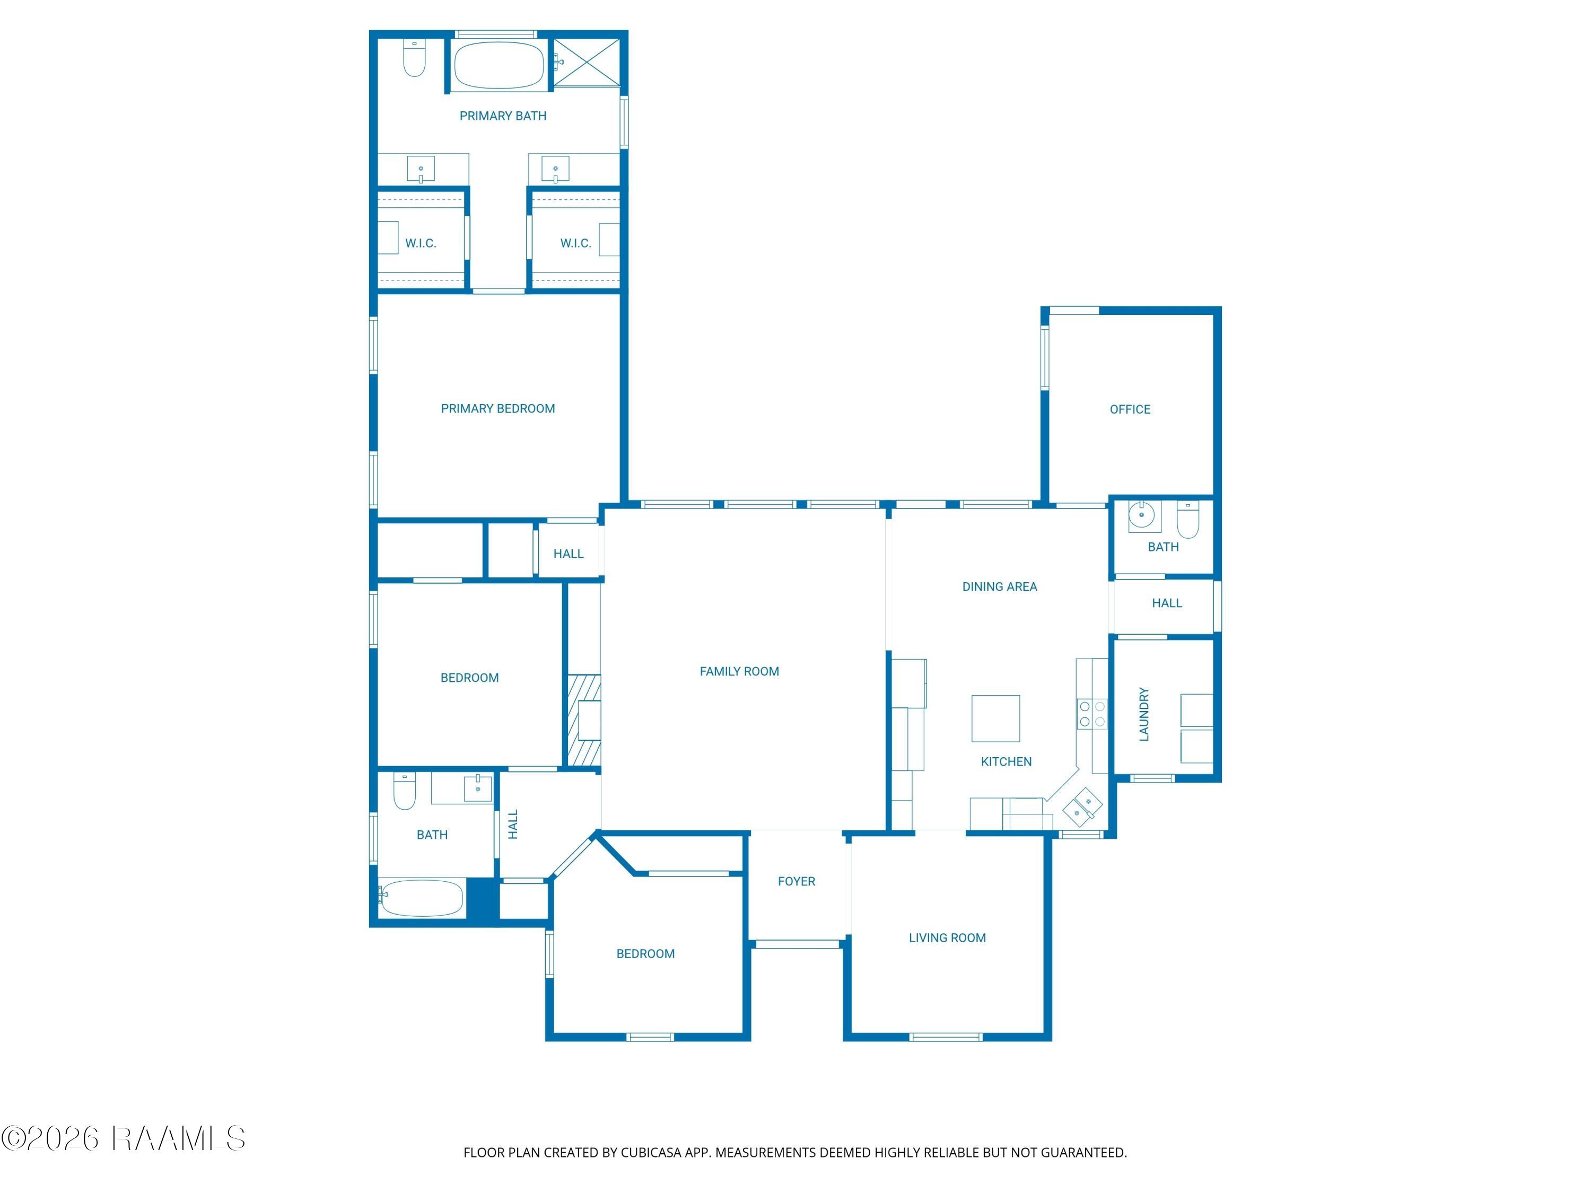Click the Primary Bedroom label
click(498, 408)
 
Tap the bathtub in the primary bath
click(499, 65)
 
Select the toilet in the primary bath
click(414, 57)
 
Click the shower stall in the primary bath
click(586, 63)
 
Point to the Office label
click(1130, 409)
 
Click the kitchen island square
click(995, 718)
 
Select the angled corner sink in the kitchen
click(1082, 805)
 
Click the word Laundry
click(1143, 714)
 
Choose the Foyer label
click(796, 881)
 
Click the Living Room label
click(947, 938)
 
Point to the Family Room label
click(739, 671)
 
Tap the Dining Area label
click(1000, 587)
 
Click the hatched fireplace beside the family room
click(584, 720)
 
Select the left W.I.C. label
click(421, 243)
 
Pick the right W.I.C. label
click(575, 243)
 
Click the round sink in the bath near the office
click(1141, 515)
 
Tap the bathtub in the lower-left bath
click(422, 898)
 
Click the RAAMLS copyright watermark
click(123, 1138)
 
